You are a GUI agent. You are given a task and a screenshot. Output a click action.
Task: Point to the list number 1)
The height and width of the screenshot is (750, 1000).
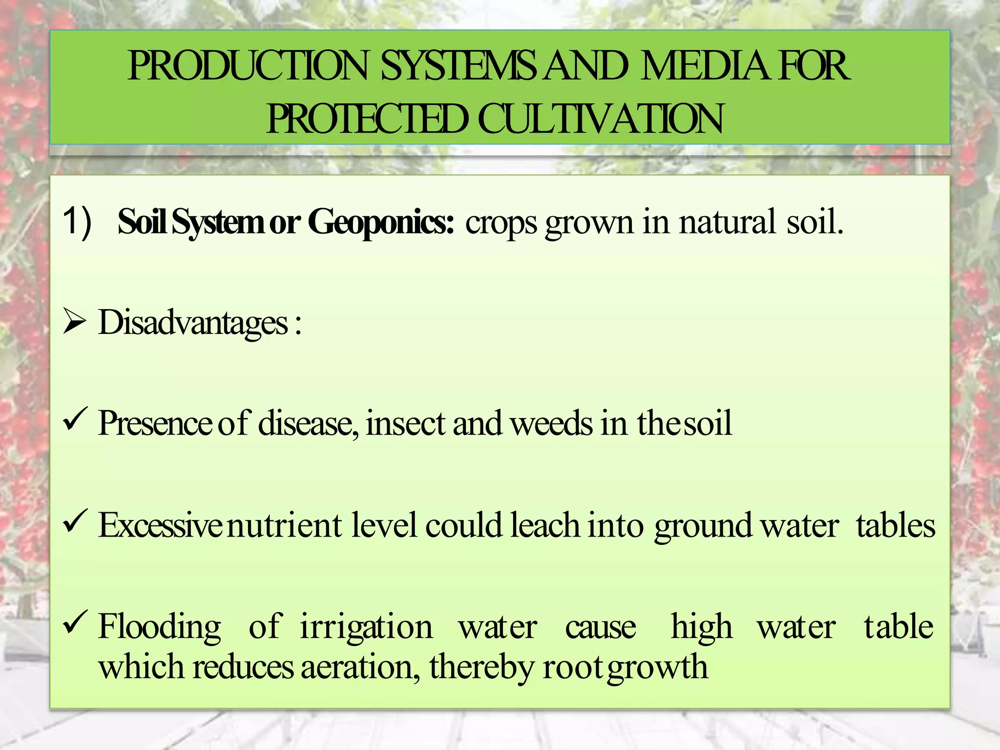[77, 222]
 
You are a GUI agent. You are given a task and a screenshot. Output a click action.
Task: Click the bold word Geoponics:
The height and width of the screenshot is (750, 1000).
[381, 222]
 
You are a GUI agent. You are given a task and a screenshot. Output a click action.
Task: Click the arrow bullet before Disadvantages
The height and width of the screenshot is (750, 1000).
[74, 323]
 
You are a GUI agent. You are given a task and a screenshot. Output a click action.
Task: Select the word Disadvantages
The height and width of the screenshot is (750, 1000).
[193, 323]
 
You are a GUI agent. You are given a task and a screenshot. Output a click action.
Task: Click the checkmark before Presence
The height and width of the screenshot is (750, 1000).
[75, 419]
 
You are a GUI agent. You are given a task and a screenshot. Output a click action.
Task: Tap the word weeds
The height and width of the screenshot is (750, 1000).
[552, 423]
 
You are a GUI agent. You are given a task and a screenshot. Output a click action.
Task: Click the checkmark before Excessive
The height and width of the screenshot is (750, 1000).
[75, 521]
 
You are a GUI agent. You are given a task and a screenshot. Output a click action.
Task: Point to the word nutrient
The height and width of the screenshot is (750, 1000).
[285, 525]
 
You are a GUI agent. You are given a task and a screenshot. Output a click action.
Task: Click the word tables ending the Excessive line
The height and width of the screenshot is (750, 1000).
[896, 525]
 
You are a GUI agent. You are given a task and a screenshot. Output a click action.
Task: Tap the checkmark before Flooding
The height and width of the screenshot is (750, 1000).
[75, 623]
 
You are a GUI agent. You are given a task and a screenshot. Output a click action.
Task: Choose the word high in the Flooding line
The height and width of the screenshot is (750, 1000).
[702, 627]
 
